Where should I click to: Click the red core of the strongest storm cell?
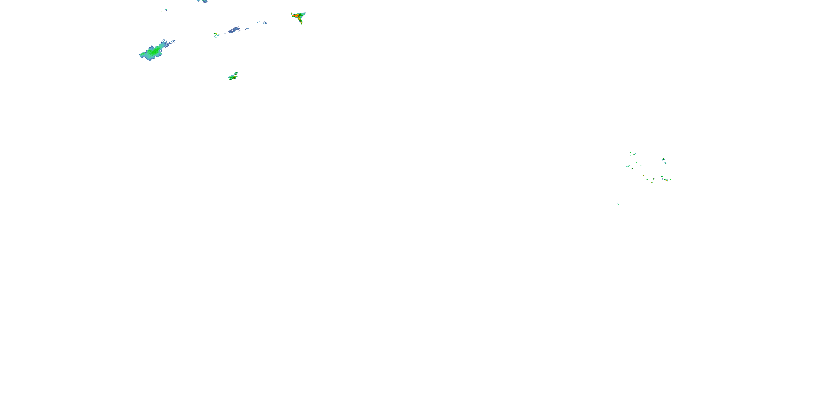(297, 16)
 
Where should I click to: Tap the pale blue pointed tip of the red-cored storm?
(305, 13)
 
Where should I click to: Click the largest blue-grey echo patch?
(234, 30)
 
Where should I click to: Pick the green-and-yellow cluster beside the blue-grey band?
(216, 35)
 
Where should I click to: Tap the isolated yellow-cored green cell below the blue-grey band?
(233, 77)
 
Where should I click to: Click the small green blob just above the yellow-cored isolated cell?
(236, 73)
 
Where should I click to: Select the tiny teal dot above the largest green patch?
(166, 10)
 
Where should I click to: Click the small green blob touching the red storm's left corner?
(291, 13)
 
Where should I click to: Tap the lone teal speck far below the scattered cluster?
(618, 204)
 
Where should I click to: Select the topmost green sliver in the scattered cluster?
(630, 152)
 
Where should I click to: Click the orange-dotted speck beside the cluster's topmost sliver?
(635, 154)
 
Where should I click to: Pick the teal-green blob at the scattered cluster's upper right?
(663, 159)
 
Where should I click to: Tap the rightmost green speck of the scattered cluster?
(670, 180)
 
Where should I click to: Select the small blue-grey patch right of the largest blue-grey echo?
(247, 29)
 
